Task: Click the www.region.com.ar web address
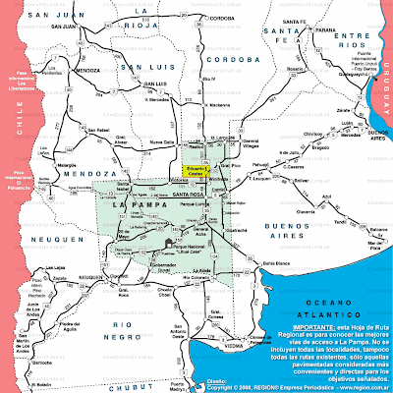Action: pyautogui.click(x=357, y=386)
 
